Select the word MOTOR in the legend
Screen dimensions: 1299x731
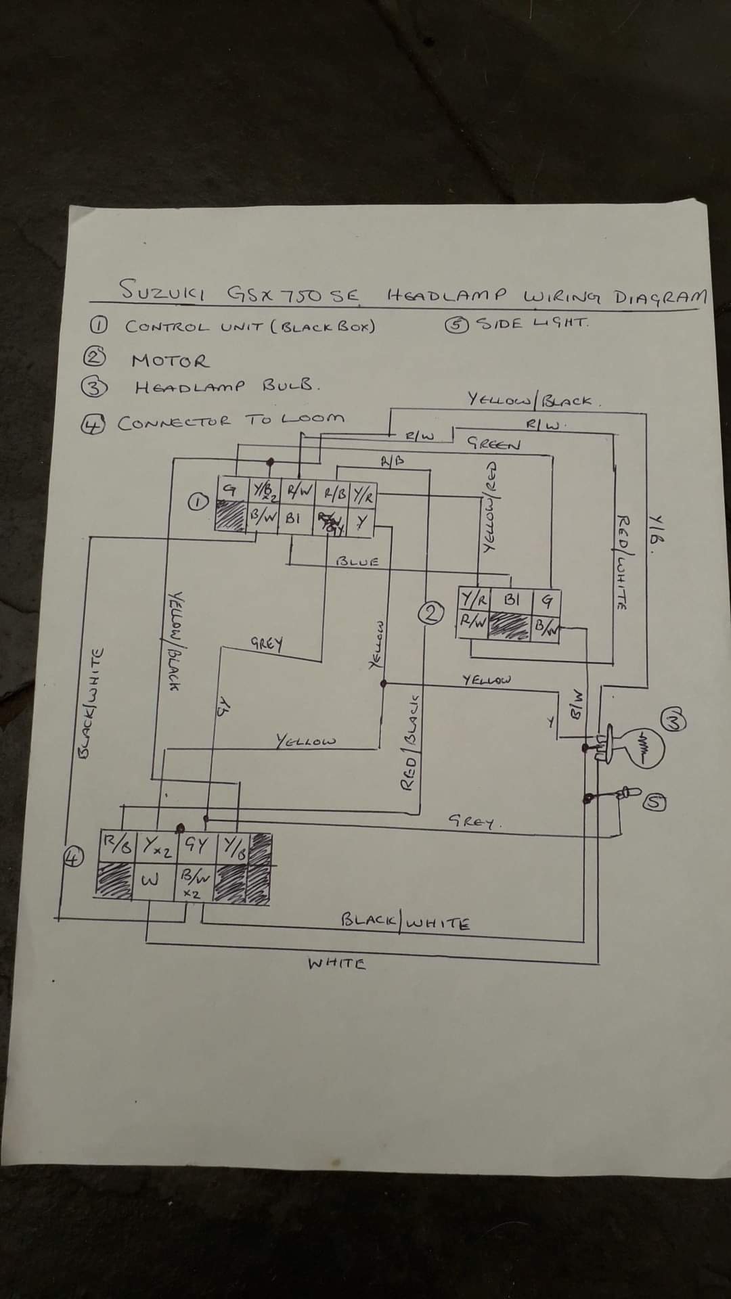171,361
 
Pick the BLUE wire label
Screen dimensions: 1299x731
357,561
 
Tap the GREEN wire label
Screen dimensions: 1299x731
495,445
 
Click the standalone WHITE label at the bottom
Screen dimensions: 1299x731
336,963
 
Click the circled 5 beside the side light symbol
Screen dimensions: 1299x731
655,802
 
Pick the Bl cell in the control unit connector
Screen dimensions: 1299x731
292,521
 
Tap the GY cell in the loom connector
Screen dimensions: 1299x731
196,844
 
